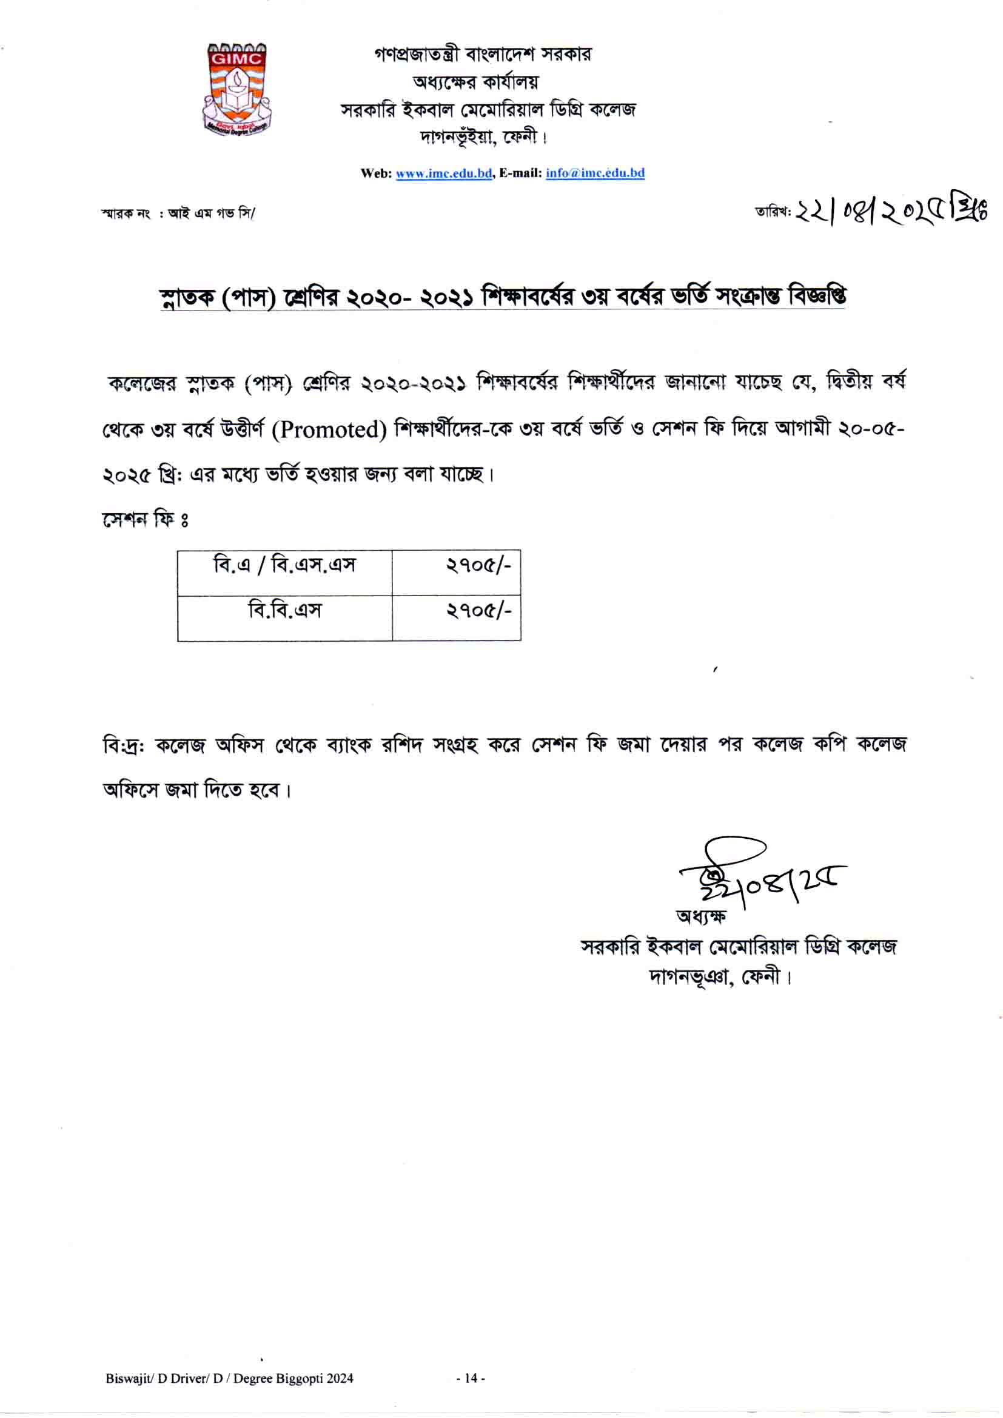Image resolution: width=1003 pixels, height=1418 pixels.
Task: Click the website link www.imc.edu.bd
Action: (443, 173)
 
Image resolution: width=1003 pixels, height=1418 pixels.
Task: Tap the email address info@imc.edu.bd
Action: (595, 173)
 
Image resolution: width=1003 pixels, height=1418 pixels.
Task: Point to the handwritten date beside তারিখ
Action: (890, 212)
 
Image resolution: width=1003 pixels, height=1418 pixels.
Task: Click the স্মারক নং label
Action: (126, 213)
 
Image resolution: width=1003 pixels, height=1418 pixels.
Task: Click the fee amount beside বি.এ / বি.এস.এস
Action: (478, 565)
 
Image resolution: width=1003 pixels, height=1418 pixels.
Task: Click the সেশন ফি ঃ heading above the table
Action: (145, 519)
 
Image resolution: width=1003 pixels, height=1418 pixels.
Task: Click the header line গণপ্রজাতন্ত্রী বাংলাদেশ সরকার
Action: (482, 55)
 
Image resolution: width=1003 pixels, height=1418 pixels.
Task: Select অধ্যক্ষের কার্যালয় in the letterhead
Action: (475, 81)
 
